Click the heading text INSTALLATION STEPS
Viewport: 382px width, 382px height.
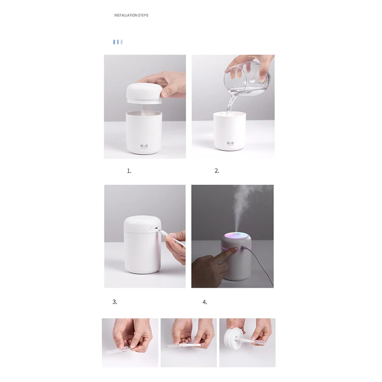click(x=131, y=15)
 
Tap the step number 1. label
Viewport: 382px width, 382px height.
click(x=129, y=171)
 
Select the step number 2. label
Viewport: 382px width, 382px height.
click(x=217, y=171)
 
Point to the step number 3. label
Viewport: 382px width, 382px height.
click(x=115, y=302)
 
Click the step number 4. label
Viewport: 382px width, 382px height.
click(x=205, y=302)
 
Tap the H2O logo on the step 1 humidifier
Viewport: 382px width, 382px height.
click(x=144, y=146)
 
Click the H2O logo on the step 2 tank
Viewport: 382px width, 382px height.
click(x=230, y=143)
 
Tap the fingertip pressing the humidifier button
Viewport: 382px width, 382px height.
click(x=235, y=250)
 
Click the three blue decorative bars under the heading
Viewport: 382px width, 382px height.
click(x=118, y=42)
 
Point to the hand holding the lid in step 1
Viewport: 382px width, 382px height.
click(x=168, y=84)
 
